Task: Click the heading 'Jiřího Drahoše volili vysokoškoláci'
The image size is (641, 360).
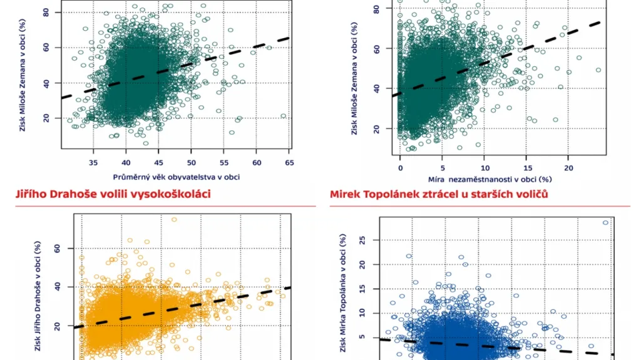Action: click(x=113, y=194)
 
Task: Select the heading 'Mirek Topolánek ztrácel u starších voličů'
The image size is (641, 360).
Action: click(x=439, y=194)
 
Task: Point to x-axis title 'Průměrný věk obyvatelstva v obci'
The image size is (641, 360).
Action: click(x=177, y=177)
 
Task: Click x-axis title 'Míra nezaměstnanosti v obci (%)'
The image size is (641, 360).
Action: click(x=485, y=177)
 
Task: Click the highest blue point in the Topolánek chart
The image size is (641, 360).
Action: click(x=605, y=222)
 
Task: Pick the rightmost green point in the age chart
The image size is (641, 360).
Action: click(x=284, y=116)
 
